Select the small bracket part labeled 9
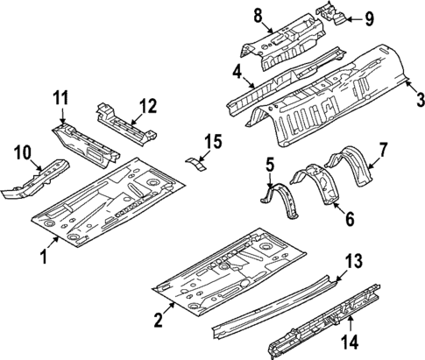coord(332,12)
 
